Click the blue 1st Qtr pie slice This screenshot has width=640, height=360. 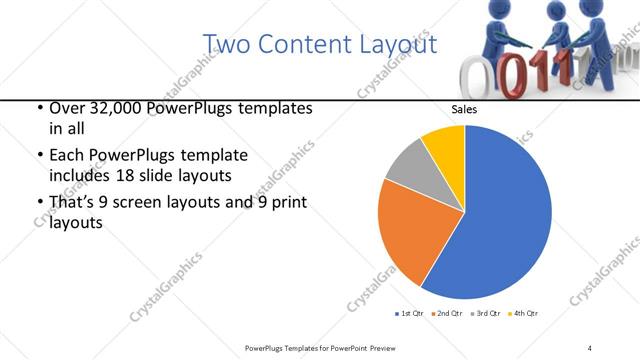tap(500, 220)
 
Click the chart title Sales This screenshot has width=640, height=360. tap(464, 110)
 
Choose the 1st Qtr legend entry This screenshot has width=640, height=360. tap(411, 314)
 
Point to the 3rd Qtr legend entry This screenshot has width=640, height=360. tap(488, 314)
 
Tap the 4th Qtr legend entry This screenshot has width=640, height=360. tap(525, 314)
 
